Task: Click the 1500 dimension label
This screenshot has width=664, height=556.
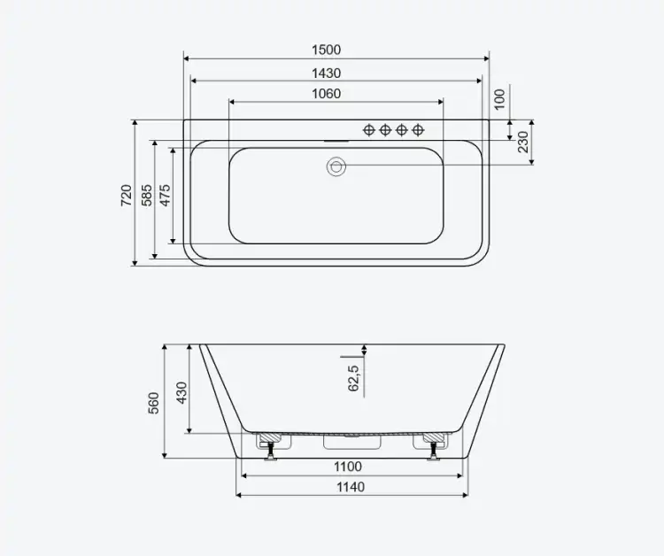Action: coord(326,50)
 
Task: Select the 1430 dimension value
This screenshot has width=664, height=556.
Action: coord(326,73)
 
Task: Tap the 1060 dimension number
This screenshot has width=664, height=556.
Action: coord(326,94)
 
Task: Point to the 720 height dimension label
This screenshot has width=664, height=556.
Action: coord(127,195)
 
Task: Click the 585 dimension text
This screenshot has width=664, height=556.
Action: coord(147,195)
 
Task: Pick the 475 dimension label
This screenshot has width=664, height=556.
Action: coord(166,195)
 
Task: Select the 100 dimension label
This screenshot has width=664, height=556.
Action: coord(500,99)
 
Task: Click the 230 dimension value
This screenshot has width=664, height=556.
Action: coord(524,142)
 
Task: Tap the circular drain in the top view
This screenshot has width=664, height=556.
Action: coord(336,166)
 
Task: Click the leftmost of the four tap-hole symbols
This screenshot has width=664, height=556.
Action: coord(369,130)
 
